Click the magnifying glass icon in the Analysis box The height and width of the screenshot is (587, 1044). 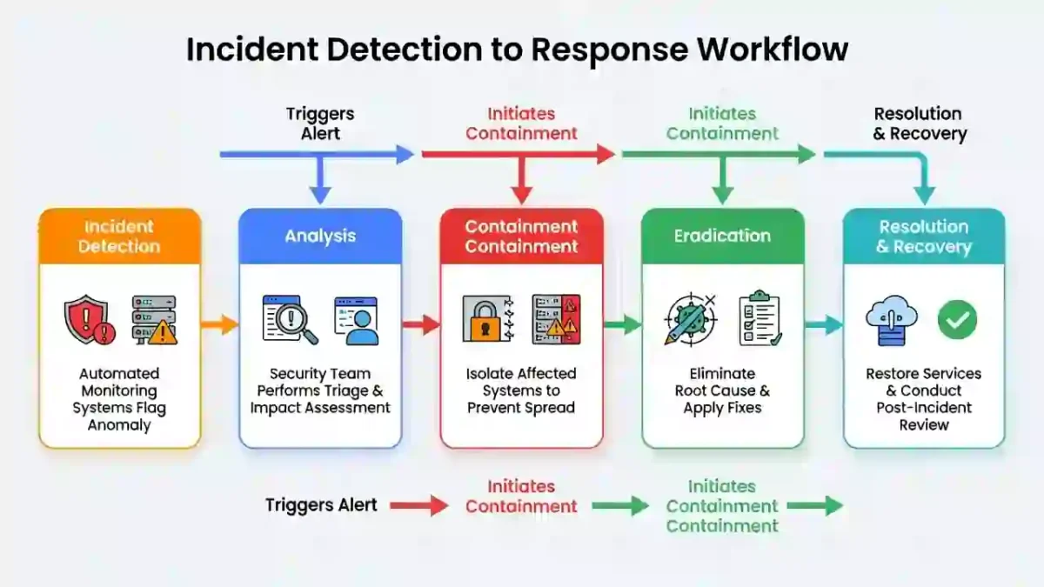[x=290, y=320]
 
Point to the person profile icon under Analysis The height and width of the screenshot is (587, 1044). [x=356, y=321]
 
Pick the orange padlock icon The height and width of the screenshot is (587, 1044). [x=487, y=321]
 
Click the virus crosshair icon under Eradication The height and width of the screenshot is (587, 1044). [x=689, y=319]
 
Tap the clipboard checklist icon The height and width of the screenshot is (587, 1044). [x=760, y=319]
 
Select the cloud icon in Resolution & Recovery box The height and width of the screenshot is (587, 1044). [x=891, y=321]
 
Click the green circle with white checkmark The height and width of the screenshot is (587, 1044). [x=957, y=321]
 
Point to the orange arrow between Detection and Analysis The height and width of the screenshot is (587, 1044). [x=219, y=325]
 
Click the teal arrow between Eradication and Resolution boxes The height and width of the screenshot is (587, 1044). [x=824, y=325]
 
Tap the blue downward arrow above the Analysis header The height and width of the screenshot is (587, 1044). [x=320, y=182]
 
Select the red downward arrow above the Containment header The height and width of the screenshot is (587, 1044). [x=521, y=182]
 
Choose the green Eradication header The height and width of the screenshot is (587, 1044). [x=722, y=236]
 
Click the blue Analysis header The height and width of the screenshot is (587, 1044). [x=320, y=236]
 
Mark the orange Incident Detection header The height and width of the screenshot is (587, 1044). [x=119, y=236]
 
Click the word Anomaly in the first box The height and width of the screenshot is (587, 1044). [x=119, y=425]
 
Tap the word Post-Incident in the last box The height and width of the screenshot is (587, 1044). [x=924, y=408]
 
